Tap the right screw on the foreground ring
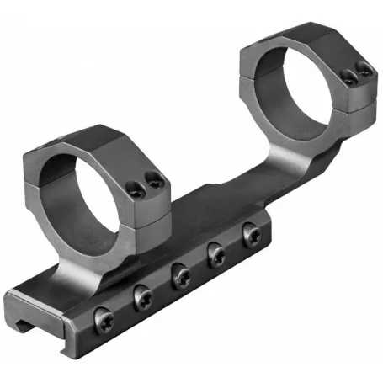(x=153, y=178)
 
